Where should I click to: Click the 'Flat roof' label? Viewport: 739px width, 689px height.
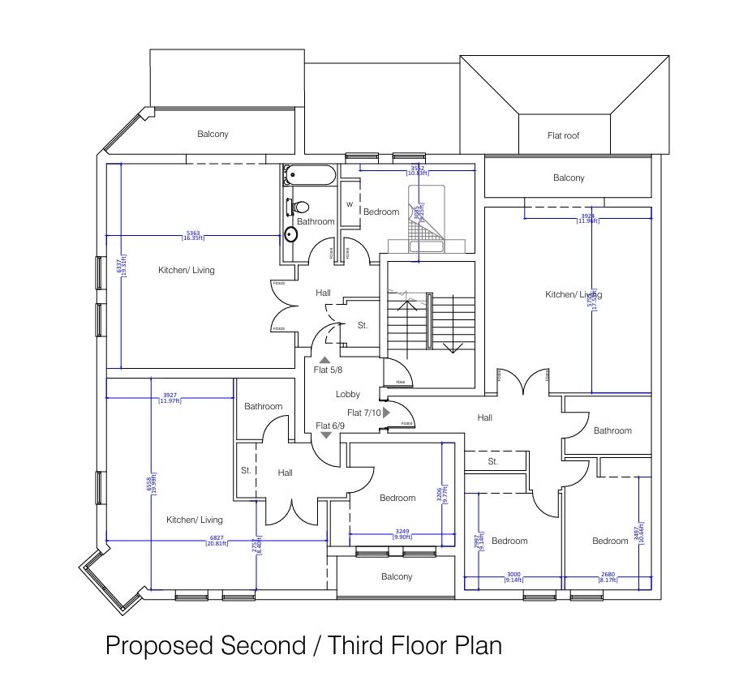(x=564, y=136)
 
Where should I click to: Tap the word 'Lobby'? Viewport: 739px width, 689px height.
(x=348, y=395)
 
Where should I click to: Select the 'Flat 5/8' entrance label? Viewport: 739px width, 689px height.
(x=329, y=370)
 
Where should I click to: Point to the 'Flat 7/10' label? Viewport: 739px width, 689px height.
(x=363, y=413)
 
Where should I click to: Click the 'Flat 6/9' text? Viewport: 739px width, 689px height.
(x=329, y=426)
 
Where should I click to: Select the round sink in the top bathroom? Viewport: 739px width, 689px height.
(x=291, y=234)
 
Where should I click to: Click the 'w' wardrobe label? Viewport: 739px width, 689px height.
(x=350, y=204)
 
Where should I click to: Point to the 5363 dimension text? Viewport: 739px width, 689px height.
(x=193, y=233)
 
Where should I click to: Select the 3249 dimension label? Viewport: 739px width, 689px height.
(x=402, y=532)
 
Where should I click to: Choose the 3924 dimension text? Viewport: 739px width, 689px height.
(x=587, y=216)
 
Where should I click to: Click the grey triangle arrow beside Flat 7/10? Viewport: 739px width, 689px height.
(x=387, y=413)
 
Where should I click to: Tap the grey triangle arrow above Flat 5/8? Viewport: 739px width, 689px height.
(x=324, y=360)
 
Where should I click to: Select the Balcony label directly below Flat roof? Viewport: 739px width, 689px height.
(x=569, y=178)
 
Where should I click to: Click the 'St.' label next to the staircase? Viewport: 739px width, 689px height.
(x=363, y=325)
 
